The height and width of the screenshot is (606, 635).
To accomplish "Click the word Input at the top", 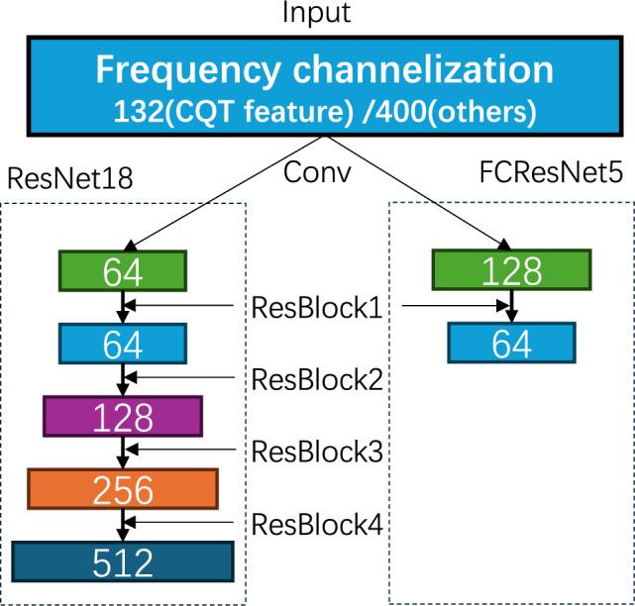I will coord(316,14).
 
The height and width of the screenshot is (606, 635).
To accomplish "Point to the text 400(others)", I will coord(462,111).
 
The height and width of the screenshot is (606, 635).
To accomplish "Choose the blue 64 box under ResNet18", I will coord(123,344).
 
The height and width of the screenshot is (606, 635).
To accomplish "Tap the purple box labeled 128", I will coord(123,415).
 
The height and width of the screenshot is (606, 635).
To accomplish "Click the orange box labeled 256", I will coord(123,488).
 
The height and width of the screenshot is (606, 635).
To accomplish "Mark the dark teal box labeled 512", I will coord(123,561).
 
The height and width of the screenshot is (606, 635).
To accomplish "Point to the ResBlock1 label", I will coord(316,307).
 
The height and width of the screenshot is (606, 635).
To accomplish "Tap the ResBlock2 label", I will coord(316,379).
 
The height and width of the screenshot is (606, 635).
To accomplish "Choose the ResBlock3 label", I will coord(316,452).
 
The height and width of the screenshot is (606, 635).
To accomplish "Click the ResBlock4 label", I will coord(316,525).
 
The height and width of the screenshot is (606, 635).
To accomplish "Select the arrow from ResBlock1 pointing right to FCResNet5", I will coord(456,307).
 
